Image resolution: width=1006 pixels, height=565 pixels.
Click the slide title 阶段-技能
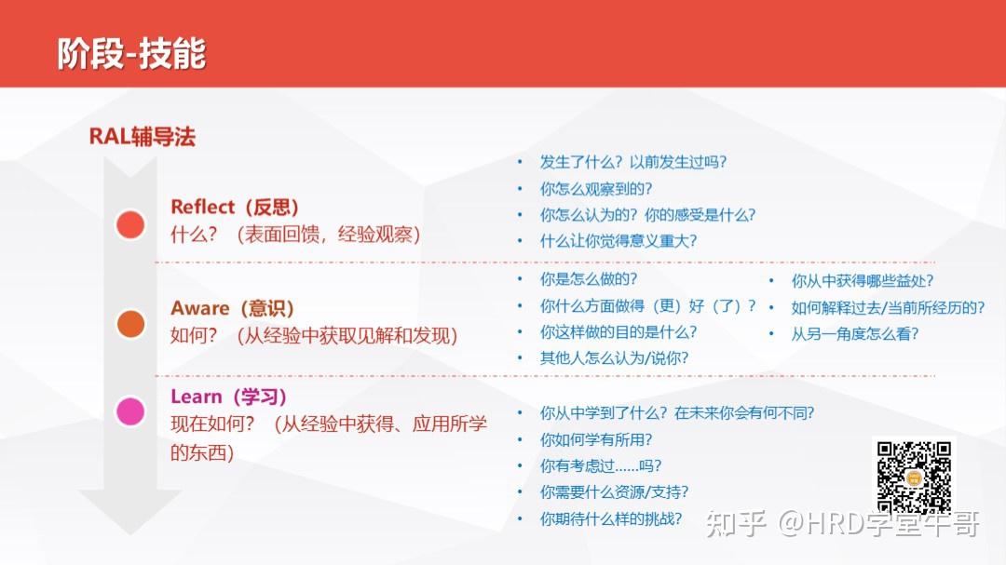tap(131, 53)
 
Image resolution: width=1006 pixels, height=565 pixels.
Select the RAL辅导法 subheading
tap(142, 137)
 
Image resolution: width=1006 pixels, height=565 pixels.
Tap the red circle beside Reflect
tap(130, 224)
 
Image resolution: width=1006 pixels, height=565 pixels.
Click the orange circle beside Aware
tap(130, 323)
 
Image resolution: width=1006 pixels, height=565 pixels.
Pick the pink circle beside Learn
tap(130, 411)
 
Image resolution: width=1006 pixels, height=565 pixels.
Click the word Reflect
tap(203, 207)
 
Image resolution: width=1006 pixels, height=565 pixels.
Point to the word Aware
tap(199, 308)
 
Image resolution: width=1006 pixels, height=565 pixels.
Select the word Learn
tap(196, 397)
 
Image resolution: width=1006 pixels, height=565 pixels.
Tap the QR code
tap(914, 477)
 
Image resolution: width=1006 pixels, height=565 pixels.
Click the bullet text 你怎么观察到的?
tap(596, 189)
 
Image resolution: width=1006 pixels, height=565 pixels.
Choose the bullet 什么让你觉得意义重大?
tap(619, 240)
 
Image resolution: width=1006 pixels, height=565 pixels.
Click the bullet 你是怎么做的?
tap(589, 279)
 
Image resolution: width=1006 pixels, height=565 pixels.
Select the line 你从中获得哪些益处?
tap(862, 280)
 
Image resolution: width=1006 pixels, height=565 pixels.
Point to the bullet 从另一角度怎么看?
tap(854, 333)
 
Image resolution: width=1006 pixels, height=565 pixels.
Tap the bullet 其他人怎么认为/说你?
tap(614, 357)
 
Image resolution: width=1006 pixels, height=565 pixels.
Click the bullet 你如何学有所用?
tap(596, 439)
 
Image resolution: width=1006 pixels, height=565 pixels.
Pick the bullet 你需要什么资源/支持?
tap(614, 491)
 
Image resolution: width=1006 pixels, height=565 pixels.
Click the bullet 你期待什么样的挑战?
tap(611, 518)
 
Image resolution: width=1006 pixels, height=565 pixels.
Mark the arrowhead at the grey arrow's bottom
tap(130, 533)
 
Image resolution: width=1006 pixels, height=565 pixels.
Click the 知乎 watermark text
tap(736, 524)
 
